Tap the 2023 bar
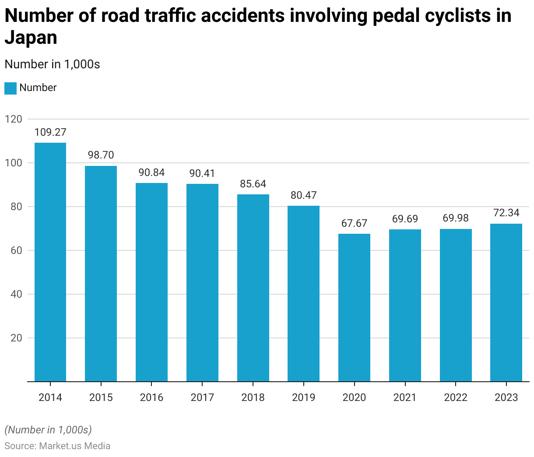click(506, 302)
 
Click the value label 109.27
click(50, 132)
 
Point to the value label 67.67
click(354, 223)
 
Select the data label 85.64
click(253, 184)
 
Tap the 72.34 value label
click(506, 213)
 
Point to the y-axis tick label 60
click(16, 250)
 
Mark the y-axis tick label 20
click(16, 338)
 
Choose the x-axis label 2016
click(151, 397)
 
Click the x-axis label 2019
click(303, 397)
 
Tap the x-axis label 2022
click(456, 397)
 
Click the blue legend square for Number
click(11, 88)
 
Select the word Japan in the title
click(31, 38)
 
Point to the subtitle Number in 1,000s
click(52, 64)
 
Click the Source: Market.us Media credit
click(57, 446)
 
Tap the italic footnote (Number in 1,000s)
click(48, 430)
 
